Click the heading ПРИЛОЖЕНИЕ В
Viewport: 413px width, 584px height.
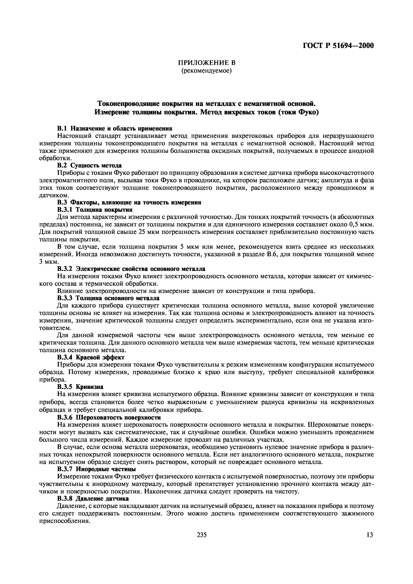[206, 63]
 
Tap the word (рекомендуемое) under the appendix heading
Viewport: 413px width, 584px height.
[206, 70]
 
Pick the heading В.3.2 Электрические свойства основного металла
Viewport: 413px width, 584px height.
[131, 269]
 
